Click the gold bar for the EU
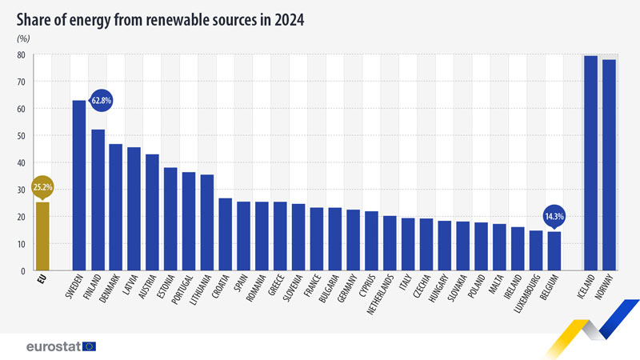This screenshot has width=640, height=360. coord(42,236)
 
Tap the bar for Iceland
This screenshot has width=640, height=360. coord(590,163)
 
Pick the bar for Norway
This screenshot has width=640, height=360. coord(609,166)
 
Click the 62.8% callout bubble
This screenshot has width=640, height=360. coord(101,101)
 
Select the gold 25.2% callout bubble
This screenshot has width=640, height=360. coord(43,187)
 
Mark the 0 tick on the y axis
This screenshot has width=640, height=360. coord(24,270)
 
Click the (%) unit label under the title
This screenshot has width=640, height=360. coord(23,38)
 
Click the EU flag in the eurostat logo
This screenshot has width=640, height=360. coord(88,346)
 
